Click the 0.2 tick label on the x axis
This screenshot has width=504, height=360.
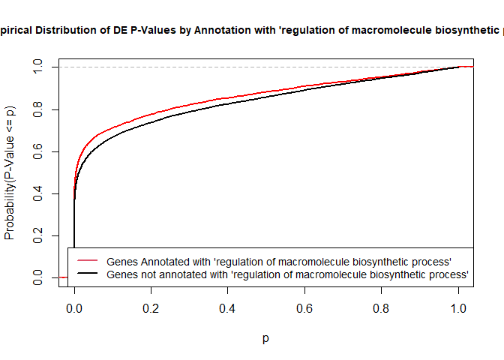click(x=151, y=308)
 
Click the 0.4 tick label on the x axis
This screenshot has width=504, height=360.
click(x=228, y=308)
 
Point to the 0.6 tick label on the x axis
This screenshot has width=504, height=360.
click(x=304, y=308)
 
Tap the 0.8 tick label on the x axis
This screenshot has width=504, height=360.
click(x=382, y=308)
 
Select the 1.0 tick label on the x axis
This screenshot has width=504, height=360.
click(x=458, y=308)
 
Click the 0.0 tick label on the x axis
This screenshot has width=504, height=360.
click(x=74, y=308)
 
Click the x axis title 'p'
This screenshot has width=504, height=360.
click(x=266, y=338)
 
